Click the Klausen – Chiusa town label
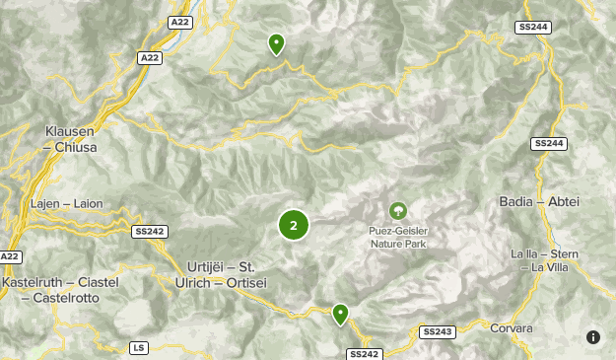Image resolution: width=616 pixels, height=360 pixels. pos(71,138)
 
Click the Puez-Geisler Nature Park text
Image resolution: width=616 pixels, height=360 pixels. pos(397,237)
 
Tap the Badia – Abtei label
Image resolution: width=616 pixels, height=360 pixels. pos(539,202)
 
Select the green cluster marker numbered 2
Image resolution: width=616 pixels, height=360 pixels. pos(294,225)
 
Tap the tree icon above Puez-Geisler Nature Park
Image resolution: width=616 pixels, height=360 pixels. pos(397,210)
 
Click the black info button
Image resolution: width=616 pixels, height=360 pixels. pos(593,337)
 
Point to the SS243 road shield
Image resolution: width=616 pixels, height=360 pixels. pos(438,332)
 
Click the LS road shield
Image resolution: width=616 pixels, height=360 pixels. pos(138,348)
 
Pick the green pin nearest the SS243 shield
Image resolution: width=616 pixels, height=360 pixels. pos(340,314)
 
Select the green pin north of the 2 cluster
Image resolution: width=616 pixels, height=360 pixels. pos(277,43)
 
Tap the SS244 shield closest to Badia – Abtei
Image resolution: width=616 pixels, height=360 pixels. pos(548,144)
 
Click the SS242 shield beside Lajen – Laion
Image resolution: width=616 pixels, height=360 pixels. pos(149,231)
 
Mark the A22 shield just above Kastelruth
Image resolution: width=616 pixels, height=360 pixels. pos(9,256)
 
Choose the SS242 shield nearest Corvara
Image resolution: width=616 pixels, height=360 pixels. pos(363,354)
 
